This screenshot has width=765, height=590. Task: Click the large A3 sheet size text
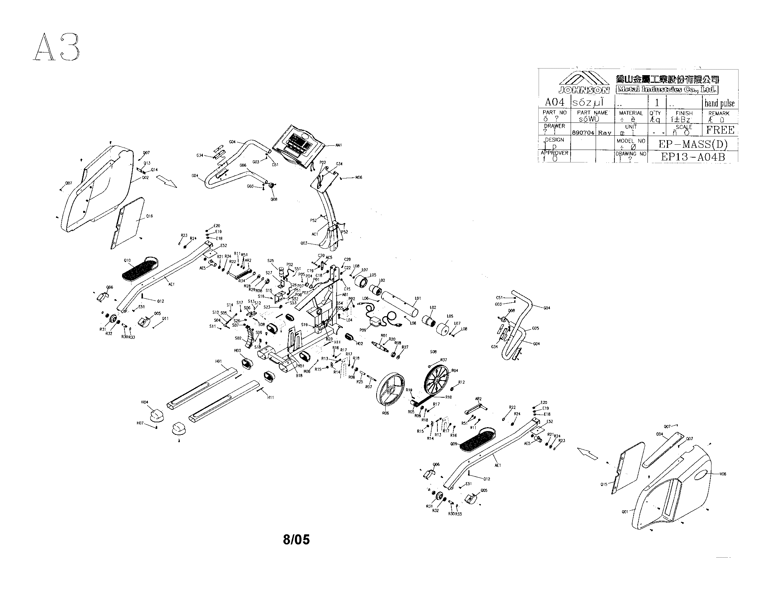click(x=56, y=48)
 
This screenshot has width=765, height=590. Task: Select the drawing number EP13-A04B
click(x=693, y=157)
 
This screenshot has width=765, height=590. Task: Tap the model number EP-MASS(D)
click(x=693, y=144)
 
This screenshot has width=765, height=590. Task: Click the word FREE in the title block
click(x=720, y=130)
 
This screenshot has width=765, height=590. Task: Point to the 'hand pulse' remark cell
click(x=719, y=103)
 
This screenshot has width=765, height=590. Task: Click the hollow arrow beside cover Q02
click(x=166, y=182)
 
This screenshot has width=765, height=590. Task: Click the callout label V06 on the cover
click(x=723, y=474)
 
